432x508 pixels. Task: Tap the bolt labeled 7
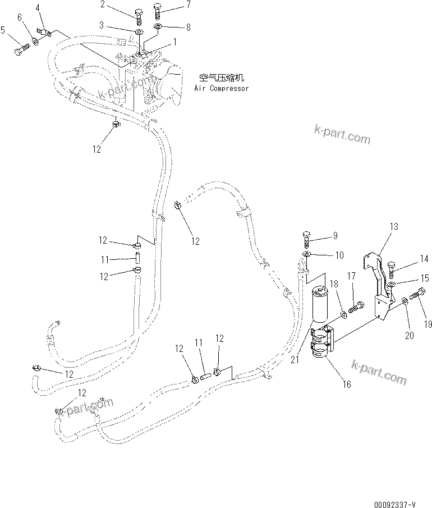[158, 11]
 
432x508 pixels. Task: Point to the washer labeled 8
[157, 27]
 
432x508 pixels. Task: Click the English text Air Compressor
[221, 88]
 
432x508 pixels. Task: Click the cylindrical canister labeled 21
[318, 306]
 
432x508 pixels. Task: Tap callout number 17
[351, 276]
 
